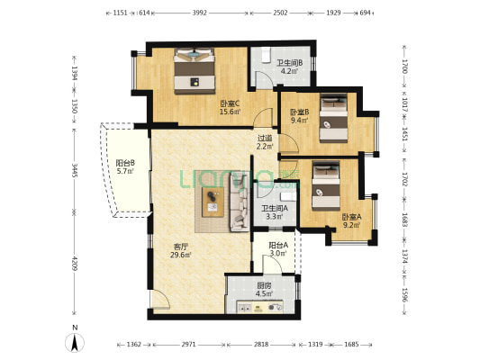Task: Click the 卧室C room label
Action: pyautogui.click(x=230, y=103)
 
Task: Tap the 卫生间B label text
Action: pyautogui.click(x=290, y=63)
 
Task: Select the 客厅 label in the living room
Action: pyautogui.click(x=181, y=247)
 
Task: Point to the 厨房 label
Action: pyautogui.click(x=264, y=286)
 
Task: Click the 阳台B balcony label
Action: pyautogui.click(x=125, y=163)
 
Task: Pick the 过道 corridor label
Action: pyautogui.click(x=265, y=139)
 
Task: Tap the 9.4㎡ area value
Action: pyautogui.click(x=299, y=121)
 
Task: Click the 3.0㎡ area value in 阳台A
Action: pyautogui.click(x=278, y=253)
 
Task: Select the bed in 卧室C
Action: pyautogui.click(x=195, y=71)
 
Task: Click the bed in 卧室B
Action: pyautogui.click(x=333, y=118)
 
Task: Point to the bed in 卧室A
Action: pyautogui.click(x=326, y=186)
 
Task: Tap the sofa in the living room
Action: pyautogui.click(x=240, y=201)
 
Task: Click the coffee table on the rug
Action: pyautogui.click(x=213, y=202)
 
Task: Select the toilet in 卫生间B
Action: pyautogui.click(x=266, y=55)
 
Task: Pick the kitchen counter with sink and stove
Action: pyautogui.click(x=260, y=307)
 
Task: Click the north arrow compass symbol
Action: pyautogui.click(x=75, y=342)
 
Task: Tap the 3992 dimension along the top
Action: pyautogui.click(x=200, y=13)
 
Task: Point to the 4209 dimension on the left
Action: pyautogui.click(x=75, y=264)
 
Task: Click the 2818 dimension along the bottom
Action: pyautogui.click(x=261, y=345)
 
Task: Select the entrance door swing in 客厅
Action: pyautogui.click(x=160, y=299)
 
